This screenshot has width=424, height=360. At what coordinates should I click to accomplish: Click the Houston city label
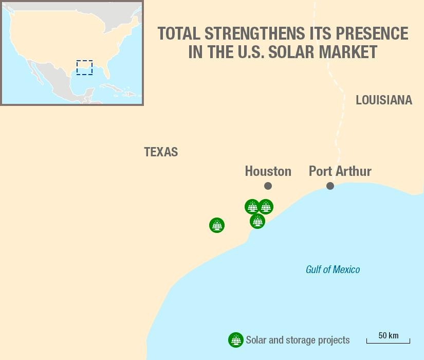(268, 171)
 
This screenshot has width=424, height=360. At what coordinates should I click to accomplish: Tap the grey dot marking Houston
(268, 186)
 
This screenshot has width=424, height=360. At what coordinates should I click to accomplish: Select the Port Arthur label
(340, 171)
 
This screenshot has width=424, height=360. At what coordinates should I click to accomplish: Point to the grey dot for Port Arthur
(330, 186)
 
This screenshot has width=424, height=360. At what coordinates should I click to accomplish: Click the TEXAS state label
(161, 152)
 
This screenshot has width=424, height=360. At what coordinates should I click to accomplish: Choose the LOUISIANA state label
(383, 100)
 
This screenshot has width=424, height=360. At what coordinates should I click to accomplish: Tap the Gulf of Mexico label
(333, 269)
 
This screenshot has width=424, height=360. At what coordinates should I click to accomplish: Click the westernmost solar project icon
(217, 225)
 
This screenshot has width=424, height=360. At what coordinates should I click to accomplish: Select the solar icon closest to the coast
(257, 221)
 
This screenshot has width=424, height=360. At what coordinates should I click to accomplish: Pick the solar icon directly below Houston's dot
(265, 207)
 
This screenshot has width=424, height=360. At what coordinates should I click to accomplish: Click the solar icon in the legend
(235, 340)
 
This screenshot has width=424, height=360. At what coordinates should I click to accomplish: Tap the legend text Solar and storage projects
(298, 340)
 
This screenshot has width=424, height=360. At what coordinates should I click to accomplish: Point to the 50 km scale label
(388, 336)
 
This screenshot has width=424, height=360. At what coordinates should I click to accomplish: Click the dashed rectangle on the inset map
(84, 67)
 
